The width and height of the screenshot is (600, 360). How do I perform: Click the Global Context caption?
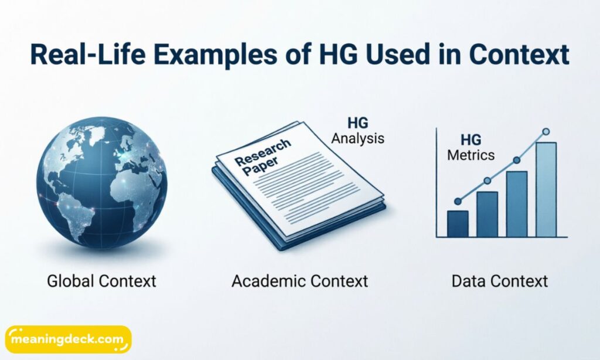[x=101, y=281]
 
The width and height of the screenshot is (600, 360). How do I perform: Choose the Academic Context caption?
[x=299, y=281]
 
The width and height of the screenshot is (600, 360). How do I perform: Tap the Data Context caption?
[x=500, y=281]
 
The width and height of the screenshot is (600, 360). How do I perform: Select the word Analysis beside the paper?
[x=357, y=139]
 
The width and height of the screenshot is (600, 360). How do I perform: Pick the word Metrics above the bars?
[x=471, y=155]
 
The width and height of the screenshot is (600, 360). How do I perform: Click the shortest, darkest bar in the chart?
[x=458, y=223]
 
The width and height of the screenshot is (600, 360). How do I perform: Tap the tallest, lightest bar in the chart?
[x=546, y=189]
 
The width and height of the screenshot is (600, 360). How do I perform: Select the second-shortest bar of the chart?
[x=487, y=214]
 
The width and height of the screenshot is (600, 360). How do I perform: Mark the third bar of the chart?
[x=516, y=204]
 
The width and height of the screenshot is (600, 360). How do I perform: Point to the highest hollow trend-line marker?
[x=546, y=132]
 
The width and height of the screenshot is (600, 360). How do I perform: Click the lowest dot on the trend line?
[x=458, y=201]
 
